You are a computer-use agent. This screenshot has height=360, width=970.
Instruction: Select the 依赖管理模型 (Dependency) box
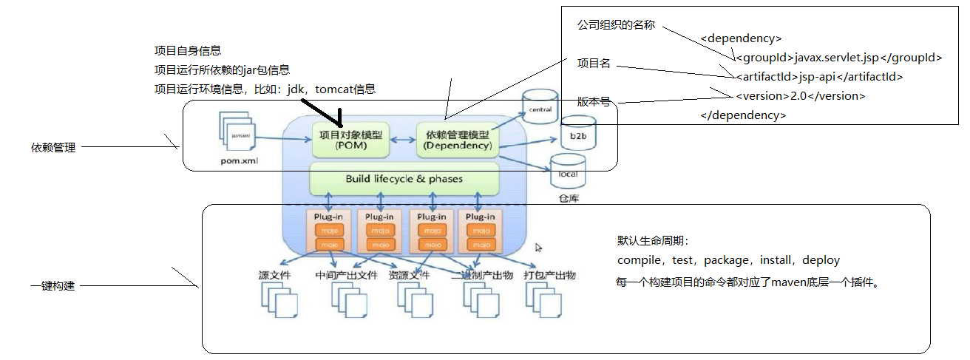click(457, 140)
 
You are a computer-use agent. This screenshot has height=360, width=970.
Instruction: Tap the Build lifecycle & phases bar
click(404, 179)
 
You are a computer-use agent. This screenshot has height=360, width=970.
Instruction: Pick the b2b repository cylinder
click(577, 133)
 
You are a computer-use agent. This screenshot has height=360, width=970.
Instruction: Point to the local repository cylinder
click(568, 171)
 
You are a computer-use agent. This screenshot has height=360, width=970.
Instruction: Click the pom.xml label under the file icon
click(238, 160)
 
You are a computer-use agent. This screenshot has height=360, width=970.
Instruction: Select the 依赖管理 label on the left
click(53, 148)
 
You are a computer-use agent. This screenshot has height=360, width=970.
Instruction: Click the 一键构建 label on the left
click(53, 285)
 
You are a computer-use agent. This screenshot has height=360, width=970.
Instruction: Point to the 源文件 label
click(274, 276)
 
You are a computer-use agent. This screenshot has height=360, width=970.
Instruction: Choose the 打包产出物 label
click(549, 276)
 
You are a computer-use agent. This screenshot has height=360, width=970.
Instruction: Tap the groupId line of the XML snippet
click(838, 57)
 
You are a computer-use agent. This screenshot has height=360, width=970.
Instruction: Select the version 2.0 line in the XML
click(800, 95)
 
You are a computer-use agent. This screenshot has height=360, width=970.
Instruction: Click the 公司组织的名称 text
click(616, 25)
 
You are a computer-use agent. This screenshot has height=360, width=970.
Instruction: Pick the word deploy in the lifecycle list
click(821, 260)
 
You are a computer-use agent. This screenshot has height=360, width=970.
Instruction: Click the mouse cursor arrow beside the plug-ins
click(539, 248)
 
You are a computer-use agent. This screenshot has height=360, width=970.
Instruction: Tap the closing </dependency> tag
click(743, 115)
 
